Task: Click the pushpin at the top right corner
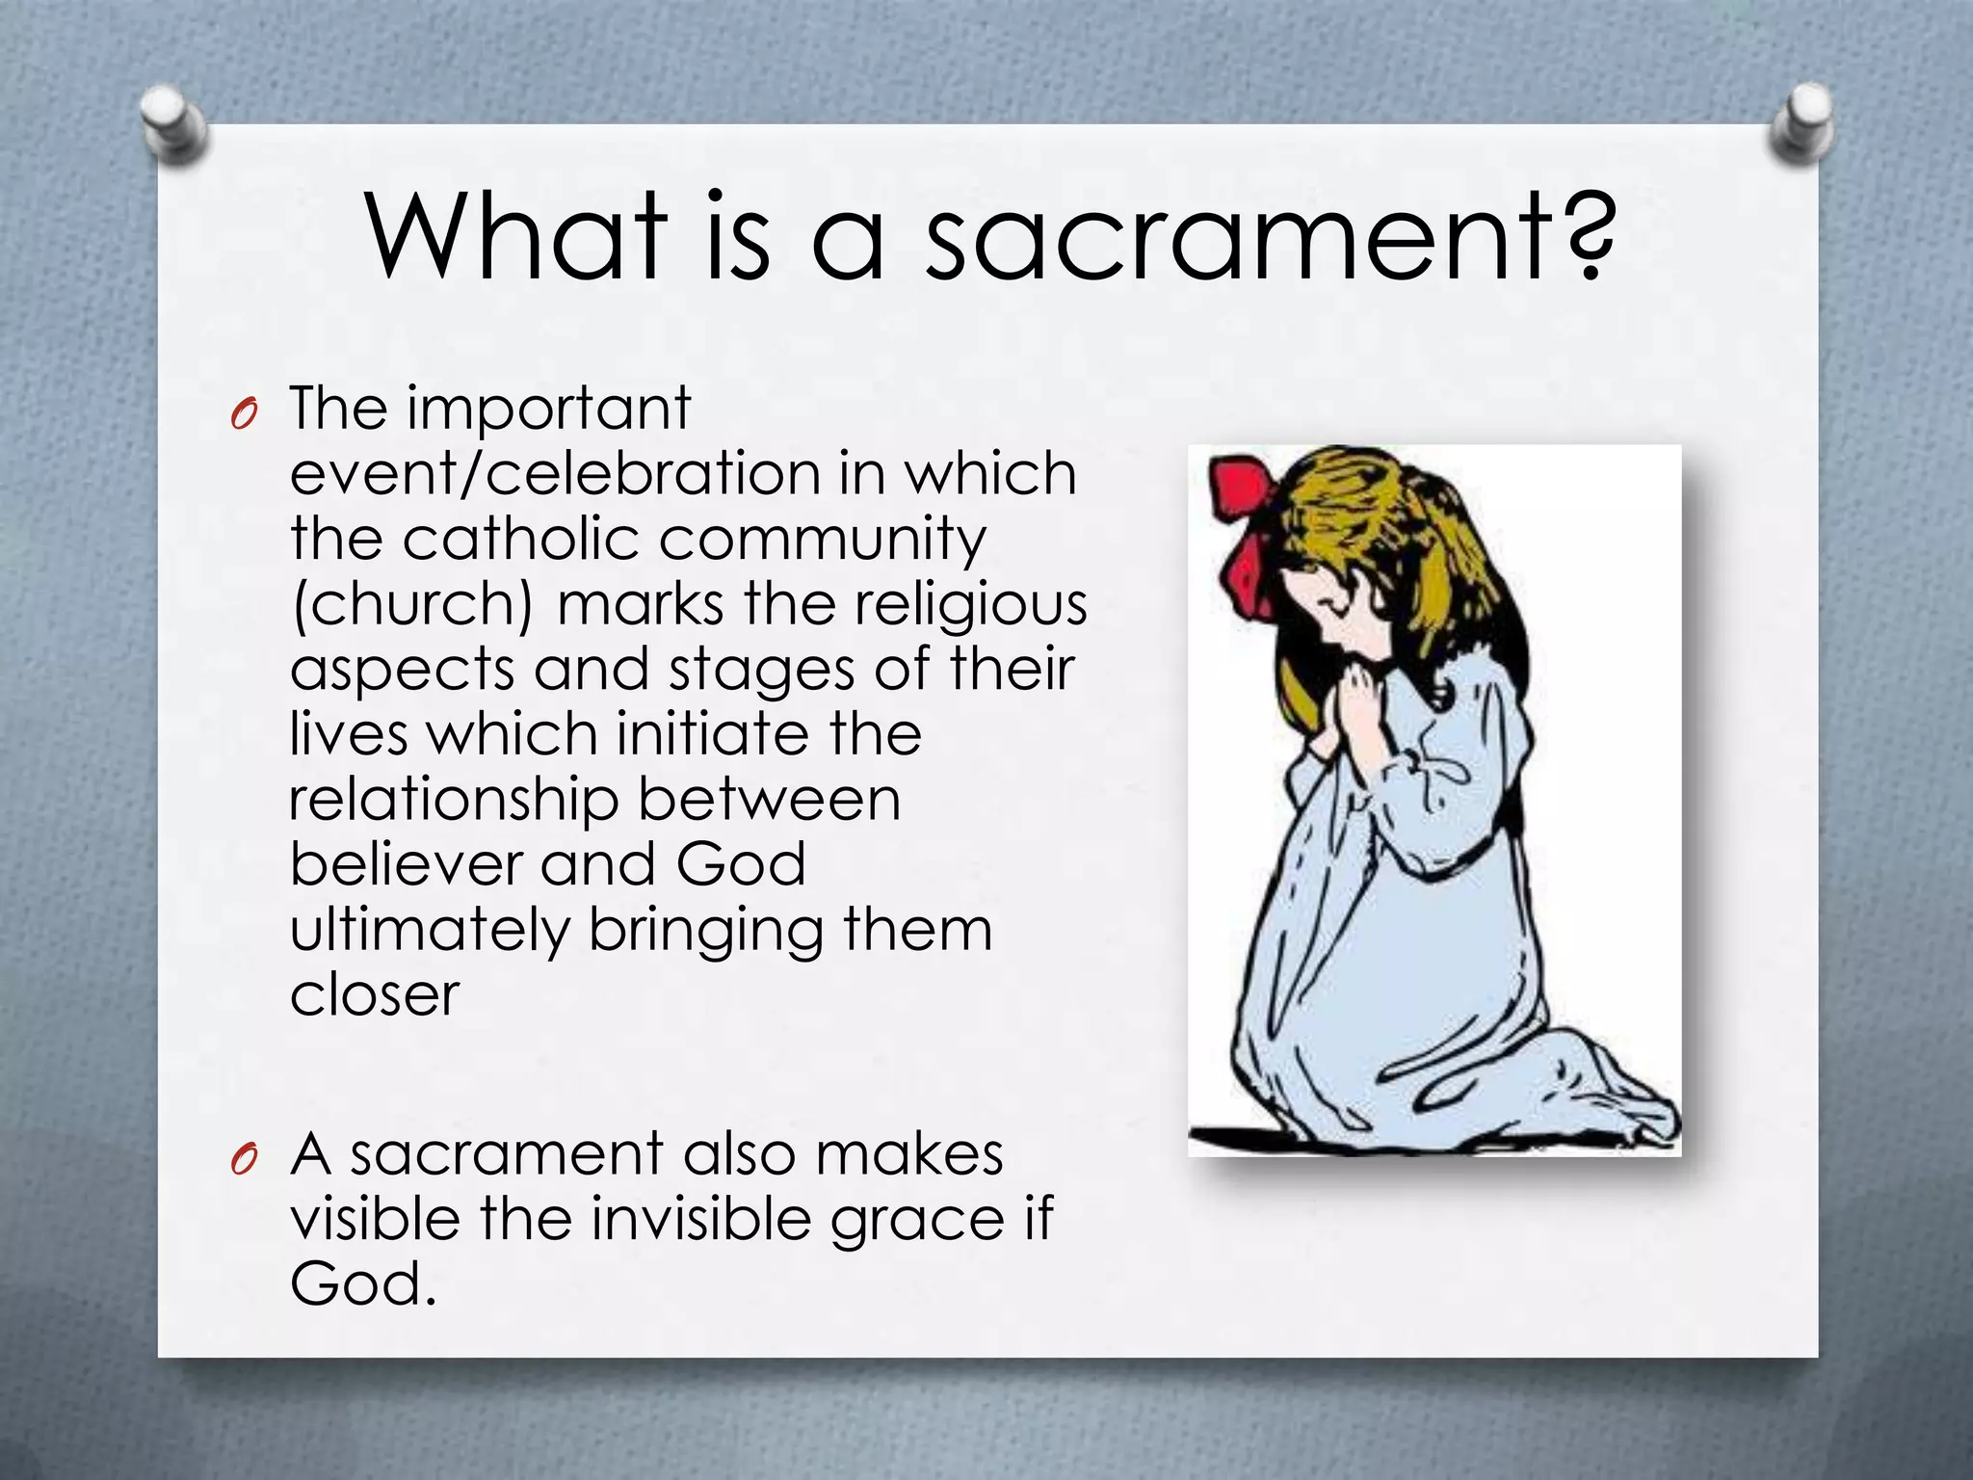tap(1801, 122)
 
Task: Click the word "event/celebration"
tap(554, 474)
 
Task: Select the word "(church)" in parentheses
tap(412, 605)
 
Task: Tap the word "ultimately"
tap(431, 931)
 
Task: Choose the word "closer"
tap(375, 995)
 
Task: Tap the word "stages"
tap(761, 671)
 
